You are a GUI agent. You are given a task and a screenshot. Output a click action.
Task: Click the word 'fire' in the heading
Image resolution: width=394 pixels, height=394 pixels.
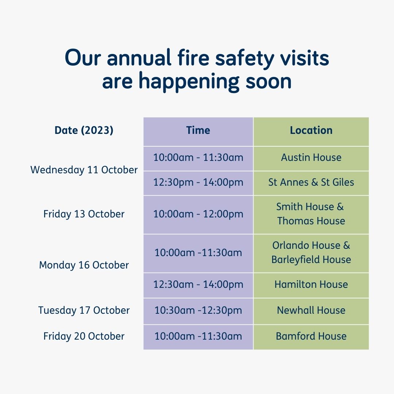pyautogui.click(x=193, y=57)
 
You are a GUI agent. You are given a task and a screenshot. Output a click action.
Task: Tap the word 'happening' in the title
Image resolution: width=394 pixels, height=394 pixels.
pyautogui.click(x=189, y=81)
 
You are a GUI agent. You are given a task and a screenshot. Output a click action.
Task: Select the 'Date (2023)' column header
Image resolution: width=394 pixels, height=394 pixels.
pyautogui.click(x=84, y=130)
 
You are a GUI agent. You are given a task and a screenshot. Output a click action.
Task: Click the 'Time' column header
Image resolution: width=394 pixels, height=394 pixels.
pyautogui.click(x=198, y=130)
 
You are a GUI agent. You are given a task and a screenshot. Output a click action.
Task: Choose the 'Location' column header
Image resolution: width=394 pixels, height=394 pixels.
pyautogui.click(x=311, y=130)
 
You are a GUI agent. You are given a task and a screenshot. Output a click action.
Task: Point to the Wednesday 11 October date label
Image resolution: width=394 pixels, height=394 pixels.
pyautogui.click(x=84, y=170)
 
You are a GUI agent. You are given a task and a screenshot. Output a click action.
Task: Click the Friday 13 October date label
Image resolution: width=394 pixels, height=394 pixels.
pyautogui.click(x=84, y=214)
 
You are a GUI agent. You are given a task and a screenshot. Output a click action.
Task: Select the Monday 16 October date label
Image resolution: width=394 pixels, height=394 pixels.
pyautogui.click(x=84, y=265)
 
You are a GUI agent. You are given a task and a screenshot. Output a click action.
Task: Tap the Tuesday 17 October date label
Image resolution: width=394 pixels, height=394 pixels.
pyautogui.click(x=84, y=310)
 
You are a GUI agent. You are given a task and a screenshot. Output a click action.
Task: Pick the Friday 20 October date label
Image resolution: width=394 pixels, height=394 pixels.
pyautogui.click(x=84, y=336)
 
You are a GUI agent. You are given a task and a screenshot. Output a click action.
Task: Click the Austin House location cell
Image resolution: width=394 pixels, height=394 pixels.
pyautogui.click(x=311, y=158)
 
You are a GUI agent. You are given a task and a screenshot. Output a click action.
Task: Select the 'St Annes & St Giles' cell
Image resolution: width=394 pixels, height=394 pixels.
pyautogui.click(x=311, y=182)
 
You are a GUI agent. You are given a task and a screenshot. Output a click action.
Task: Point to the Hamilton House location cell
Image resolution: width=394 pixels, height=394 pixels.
pyautogui.click(x=311, y=285)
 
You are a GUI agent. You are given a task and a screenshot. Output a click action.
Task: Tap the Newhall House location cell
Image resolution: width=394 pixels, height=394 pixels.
pyautogui.click(x=311, y=310)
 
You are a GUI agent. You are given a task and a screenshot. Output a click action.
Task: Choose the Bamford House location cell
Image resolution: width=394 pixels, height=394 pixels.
pyautogui.click(x=311, y=336)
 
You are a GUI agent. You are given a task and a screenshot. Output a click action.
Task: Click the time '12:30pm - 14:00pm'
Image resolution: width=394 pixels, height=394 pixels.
pyautogui.click(x=198, y=182)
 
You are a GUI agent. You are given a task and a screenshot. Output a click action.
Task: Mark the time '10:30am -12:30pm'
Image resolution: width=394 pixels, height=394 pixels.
pyautogui.click(x=198, y=310)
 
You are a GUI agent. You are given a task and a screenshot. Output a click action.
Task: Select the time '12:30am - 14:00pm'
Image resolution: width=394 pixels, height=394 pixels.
pyautogui.click(x=198, y=285)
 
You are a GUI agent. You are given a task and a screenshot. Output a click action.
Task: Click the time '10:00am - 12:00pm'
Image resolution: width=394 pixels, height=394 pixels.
pyautogui.click(x=198, y=215)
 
